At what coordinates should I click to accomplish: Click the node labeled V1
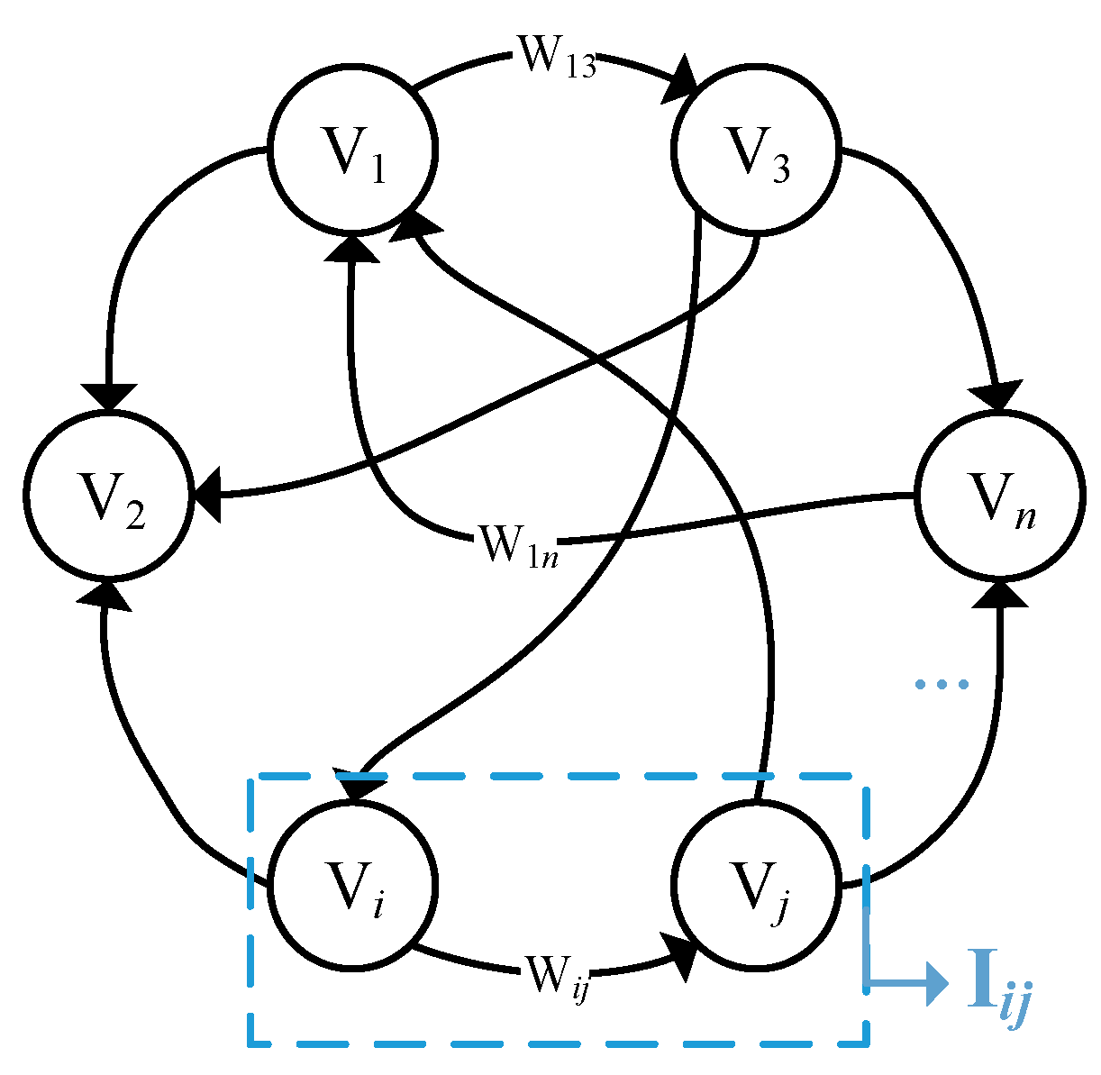pos(354,150)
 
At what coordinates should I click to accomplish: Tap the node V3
pos(757,150)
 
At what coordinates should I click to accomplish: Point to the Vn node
pos(998,494)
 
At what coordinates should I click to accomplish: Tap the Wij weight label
pos(557,979)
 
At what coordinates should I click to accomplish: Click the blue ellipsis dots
pos(941,685)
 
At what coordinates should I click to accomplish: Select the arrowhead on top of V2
pos(109,397)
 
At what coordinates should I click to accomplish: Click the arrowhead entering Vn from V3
pos(996,396)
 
